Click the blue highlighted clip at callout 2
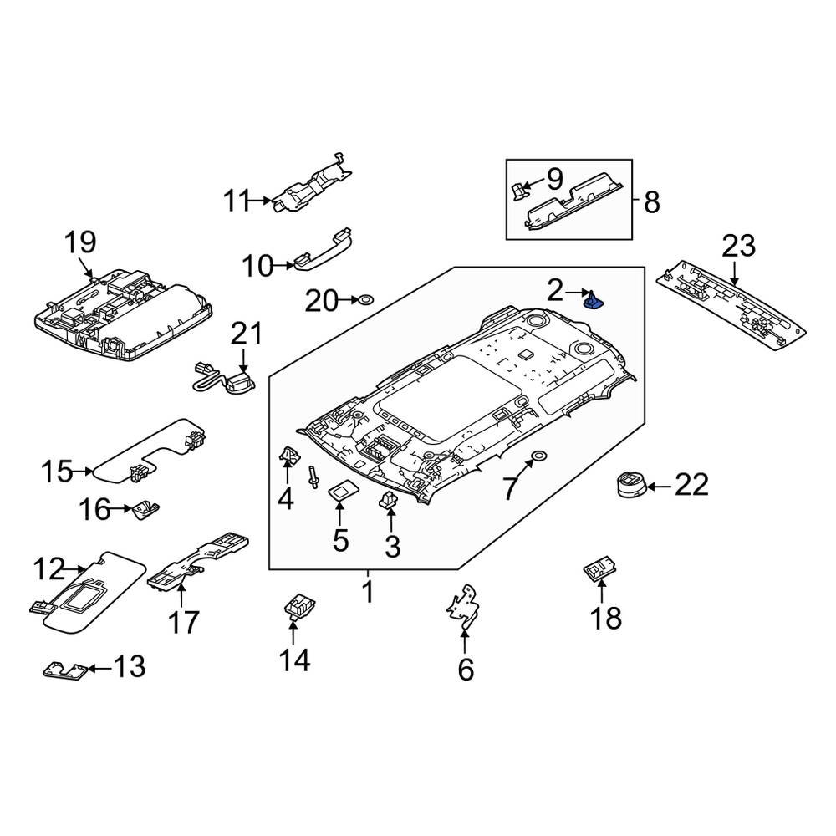(595, 299)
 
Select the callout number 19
(81, 243)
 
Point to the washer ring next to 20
(365, 298)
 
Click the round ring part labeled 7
(538, 456)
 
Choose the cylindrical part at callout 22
(628, 484)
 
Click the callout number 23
(739, 247)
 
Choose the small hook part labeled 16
(146, 508)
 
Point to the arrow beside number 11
(263, 201)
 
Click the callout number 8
(651, 201)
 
